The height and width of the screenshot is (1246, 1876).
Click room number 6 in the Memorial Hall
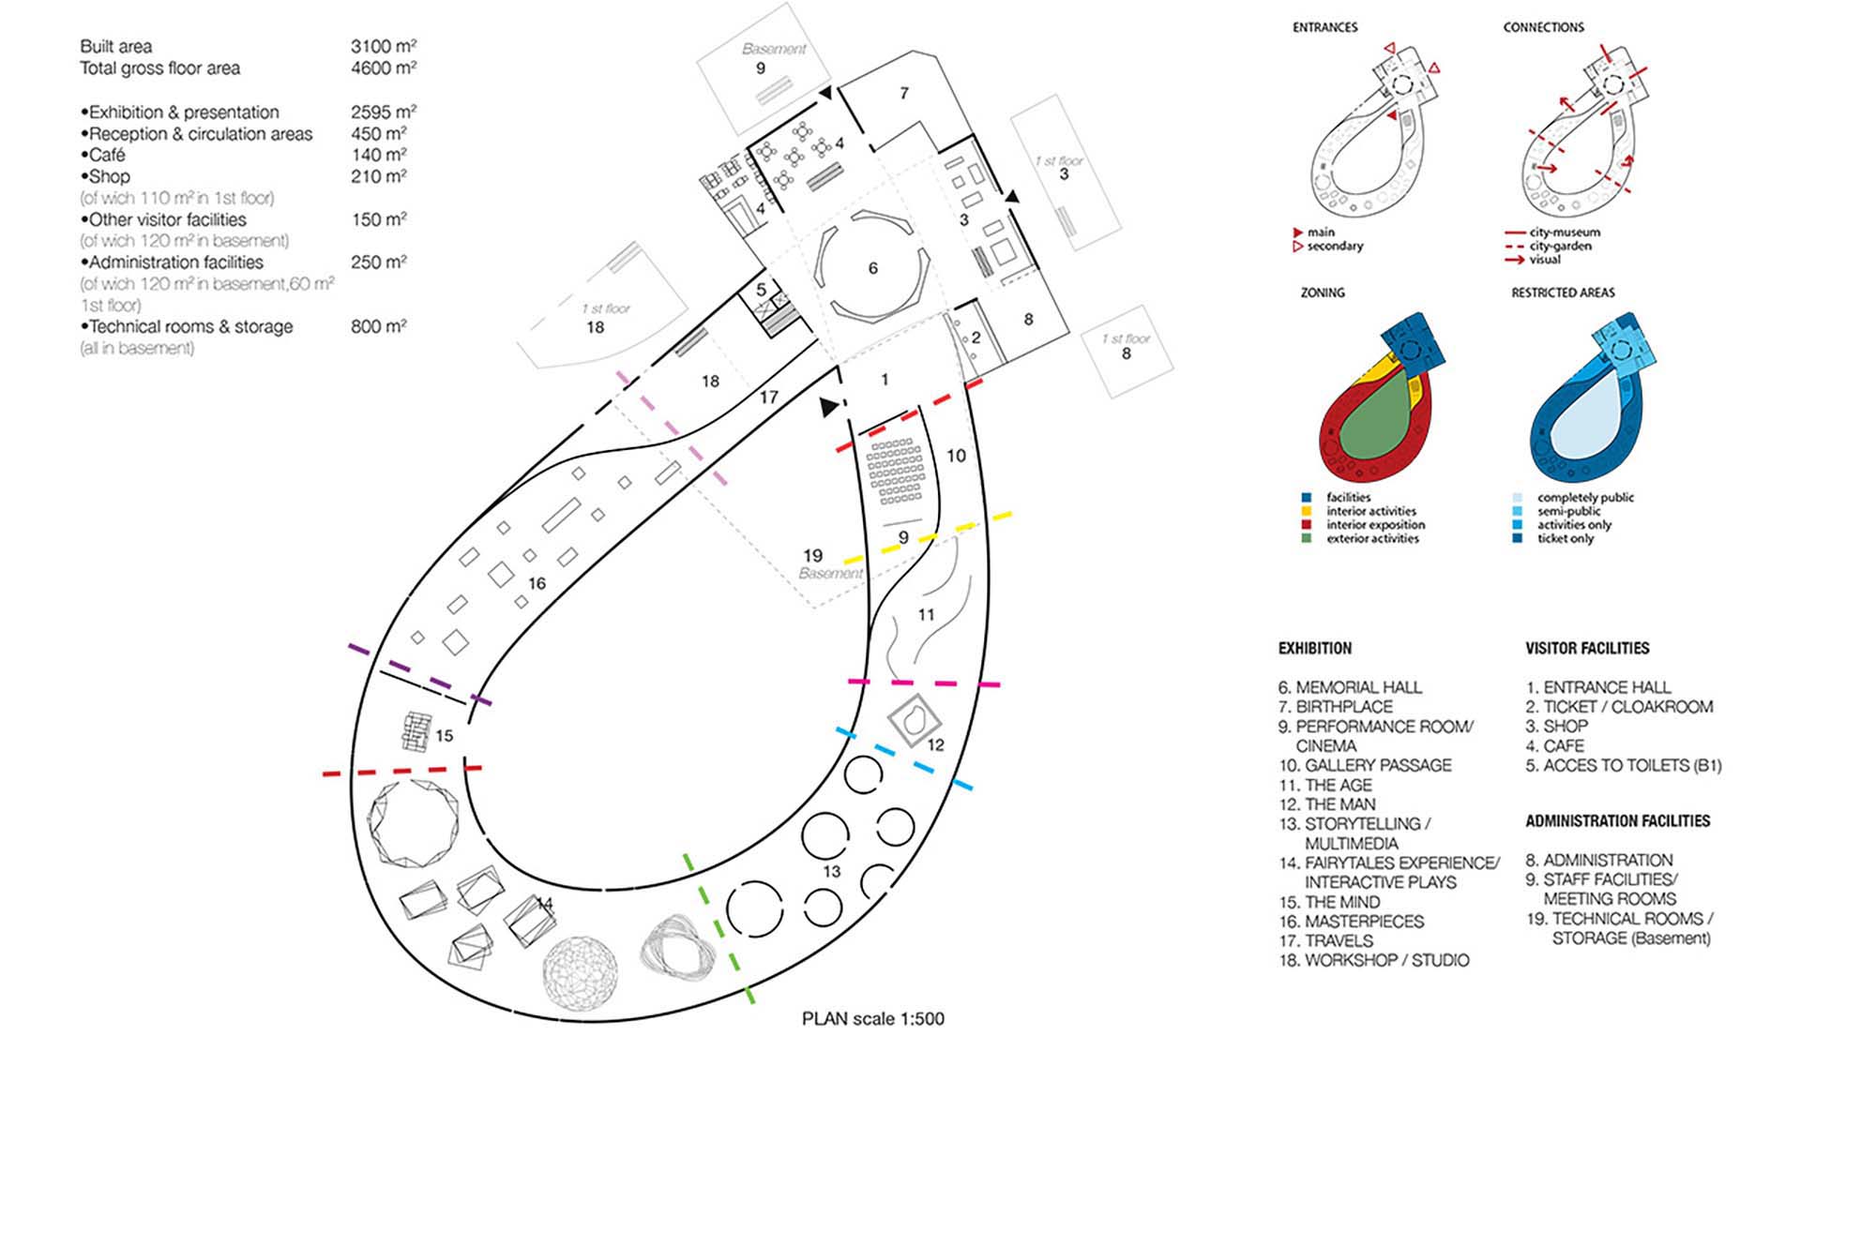[x=872, y=269]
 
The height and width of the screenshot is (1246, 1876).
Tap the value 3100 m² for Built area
[x=383, y=46]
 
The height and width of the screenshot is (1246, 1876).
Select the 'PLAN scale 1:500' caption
[x=872, y=1018]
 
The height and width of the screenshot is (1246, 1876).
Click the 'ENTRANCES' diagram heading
[x=1324, y=27]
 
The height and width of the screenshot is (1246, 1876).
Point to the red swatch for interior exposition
[x=1307, y=525]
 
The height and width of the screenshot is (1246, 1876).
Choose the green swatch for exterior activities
[x=1307, y=539]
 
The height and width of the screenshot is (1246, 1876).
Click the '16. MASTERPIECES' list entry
[x=1351, y=922]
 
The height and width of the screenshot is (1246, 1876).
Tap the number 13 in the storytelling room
[x=831, y=871]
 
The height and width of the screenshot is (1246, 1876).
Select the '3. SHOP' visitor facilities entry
[x=1556, y=726]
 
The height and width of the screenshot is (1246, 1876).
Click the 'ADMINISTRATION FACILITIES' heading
[x=1617, y=821]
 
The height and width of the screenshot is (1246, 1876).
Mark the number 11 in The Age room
[x=926, y=615]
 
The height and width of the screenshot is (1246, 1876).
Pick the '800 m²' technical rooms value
[x=378, y=326]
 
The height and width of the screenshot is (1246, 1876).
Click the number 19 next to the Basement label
[x=812, y=555]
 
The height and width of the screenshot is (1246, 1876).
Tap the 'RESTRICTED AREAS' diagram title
[x=1563, y=293]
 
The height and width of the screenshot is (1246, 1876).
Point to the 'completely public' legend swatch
[x=1518, y=498]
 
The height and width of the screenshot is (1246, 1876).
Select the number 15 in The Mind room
[x=444, y=736]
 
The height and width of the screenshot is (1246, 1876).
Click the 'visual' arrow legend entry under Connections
[x=1544, y=260]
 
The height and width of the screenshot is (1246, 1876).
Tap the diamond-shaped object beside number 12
[x=915, y=721]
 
